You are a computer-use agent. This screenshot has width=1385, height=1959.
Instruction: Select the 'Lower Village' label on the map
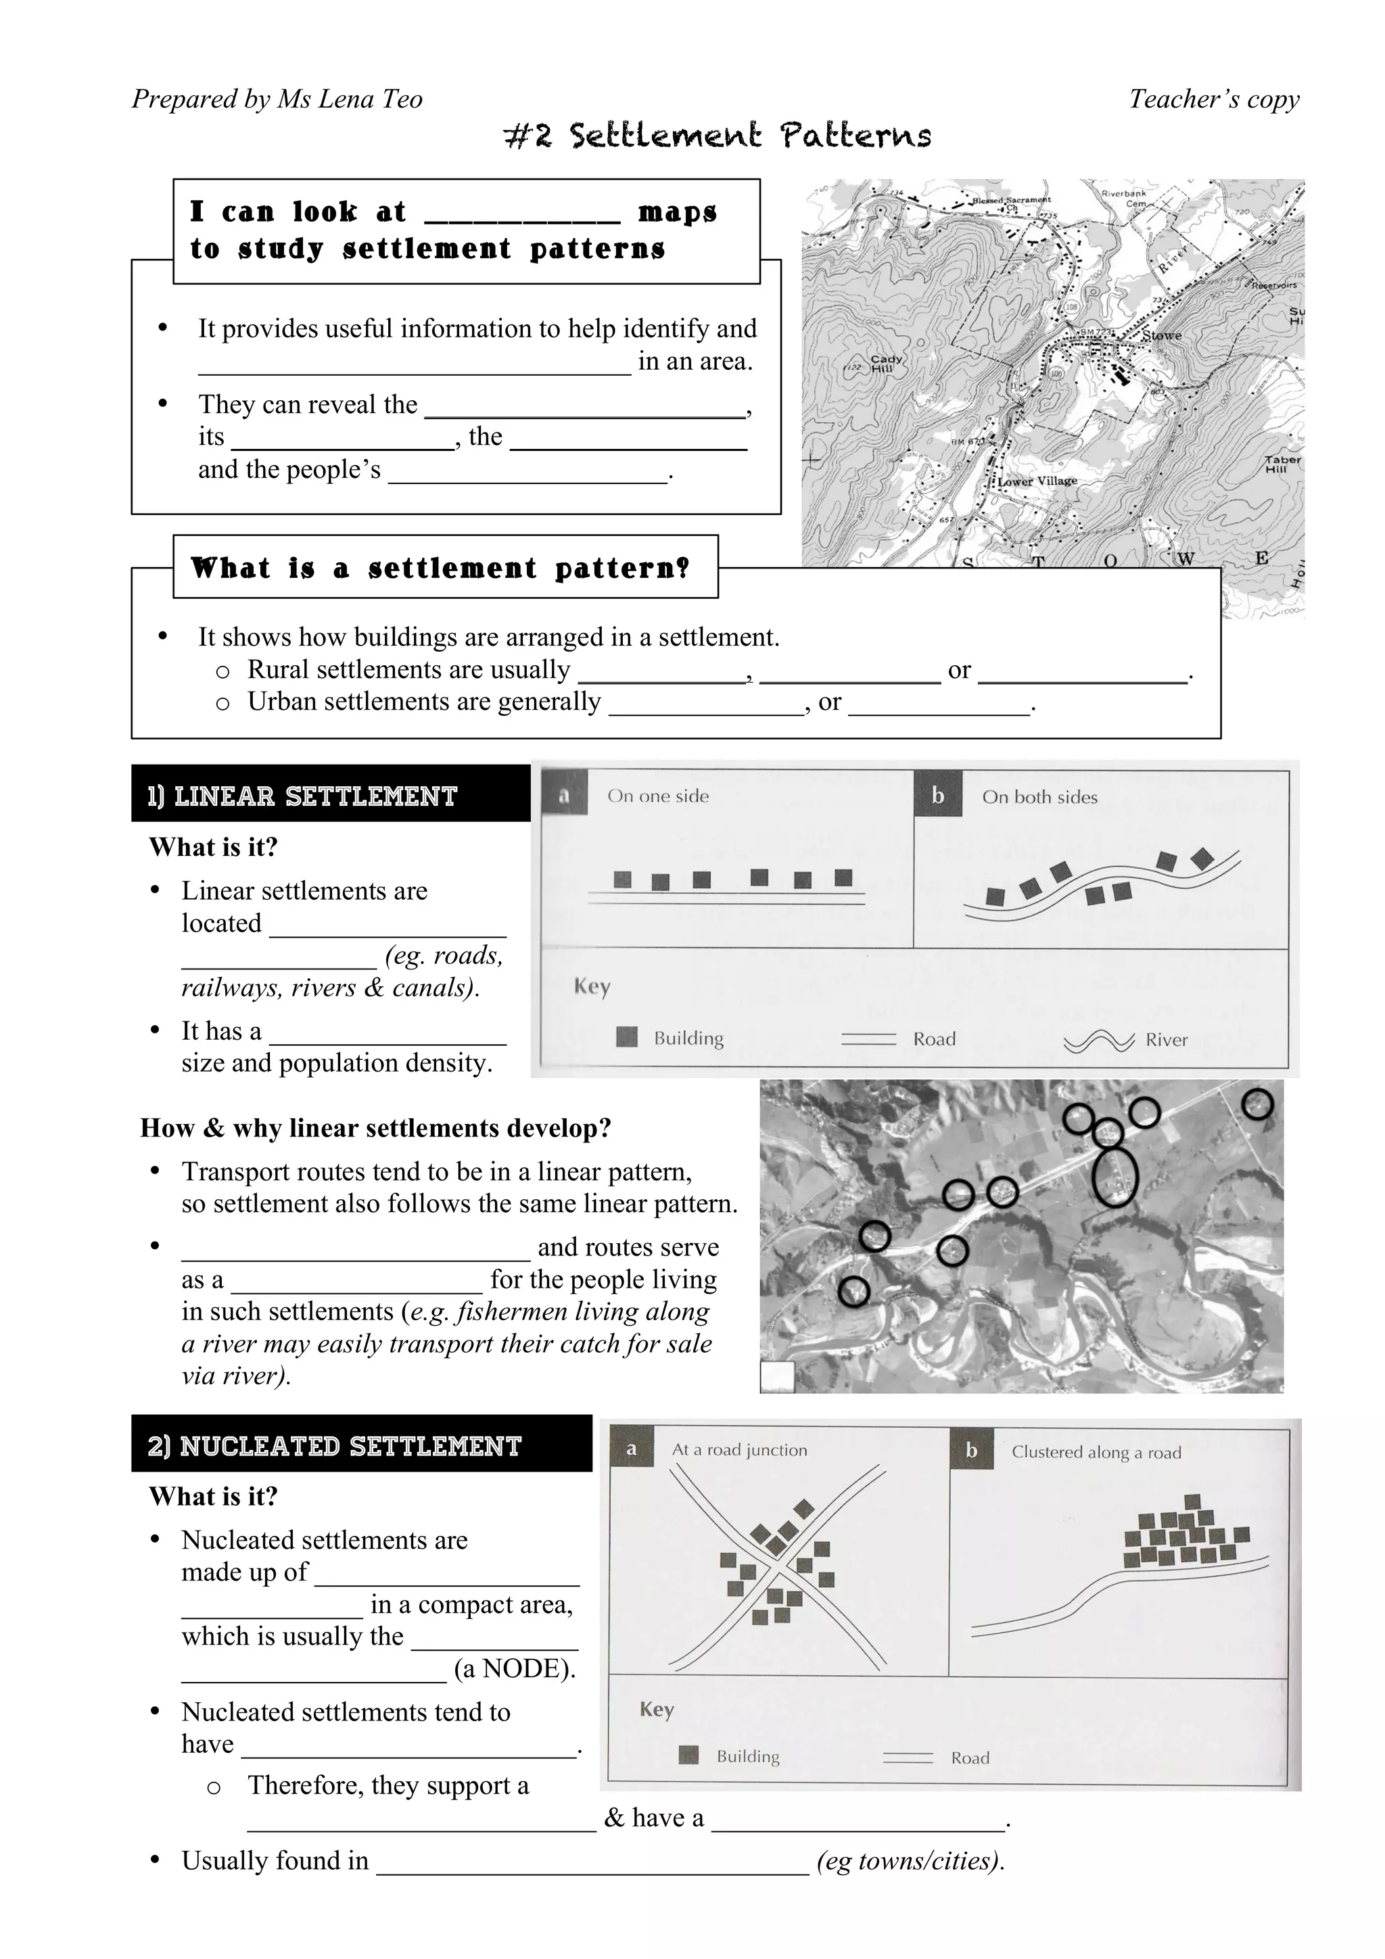pyautogui.click(x=1037, y=481)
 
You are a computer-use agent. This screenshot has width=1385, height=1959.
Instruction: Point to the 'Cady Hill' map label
pyautogui.click(x=886, y=364)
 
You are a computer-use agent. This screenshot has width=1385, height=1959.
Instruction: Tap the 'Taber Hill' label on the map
pyautogui.click(x=1282, y=464)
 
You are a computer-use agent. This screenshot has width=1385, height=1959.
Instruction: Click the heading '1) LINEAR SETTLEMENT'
pyautogui.click(x=303, y=796)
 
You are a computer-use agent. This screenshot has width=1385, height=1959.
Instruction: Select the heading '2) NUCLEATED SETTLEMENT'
pyautogui.click(x=335, y=1445)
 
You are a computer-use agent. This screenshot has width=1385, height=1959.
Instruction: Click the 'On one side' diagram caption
pyautogui.click(x=658, y=796)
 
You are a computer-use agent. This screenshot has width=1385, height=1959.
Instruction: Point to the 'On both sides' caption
pyautogui.click(x=1039, y=797)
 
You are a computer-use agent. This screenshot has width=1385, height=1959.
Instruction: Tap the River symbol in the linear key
pyautogui.click(x=1098, y=1041)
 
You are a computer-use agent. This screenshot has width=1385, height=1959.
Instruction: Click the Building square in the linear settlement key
pyautogui.click(x=627, y=1038)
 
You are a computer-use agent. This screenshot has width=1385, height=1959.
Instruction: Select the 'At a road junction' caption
pyautogui.click(x=739, y=1449)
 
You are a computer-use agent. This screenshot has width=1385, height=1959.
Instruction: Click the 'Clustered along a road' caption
pyautogui.click(x=1096, y=1452)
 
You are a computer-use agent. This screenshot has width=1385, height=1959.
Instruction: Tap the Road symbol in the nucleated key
pyautogui.click(x=907, y=1758)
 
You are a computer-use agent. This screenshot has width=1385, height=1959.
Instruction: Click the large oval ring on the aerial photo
pyautogui.click(x=1115, y=1178)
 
